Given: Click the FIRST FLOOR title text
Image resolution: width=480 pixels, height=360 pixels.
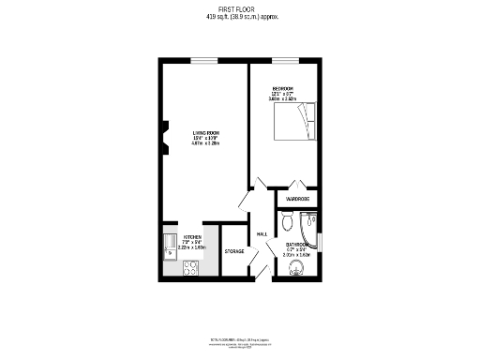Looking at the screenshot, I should click(239, 8).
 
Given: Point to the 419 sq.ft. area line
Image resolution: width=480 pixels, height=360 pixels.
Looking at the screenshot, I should click(239, 17).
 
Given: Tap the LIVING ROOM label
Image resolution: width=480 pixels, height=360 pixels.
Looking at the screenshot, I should click(205, 133).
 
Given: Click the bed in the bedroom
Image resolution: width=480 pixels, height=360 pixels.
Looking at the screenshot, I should click(297, 121).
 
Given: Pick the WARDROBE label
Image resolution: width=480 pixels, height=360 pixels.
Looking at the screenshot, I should click(297, 199).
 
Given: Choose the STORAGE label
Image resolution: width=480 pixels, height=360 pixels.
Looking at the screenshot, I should click(234, 251).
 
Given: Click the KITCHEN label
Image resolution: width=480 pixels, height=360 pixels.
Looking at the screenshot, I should click(191, 237).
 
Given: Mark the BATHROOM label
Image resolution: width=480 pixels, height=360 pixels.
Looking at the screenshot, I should click(298, 246).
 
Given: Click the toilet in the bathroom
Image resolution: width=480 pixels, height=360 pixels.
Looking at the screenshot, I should click(287, 224).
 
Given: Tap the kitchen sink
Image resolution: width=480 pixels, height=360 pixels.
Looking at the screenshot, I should click(170, 247).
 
